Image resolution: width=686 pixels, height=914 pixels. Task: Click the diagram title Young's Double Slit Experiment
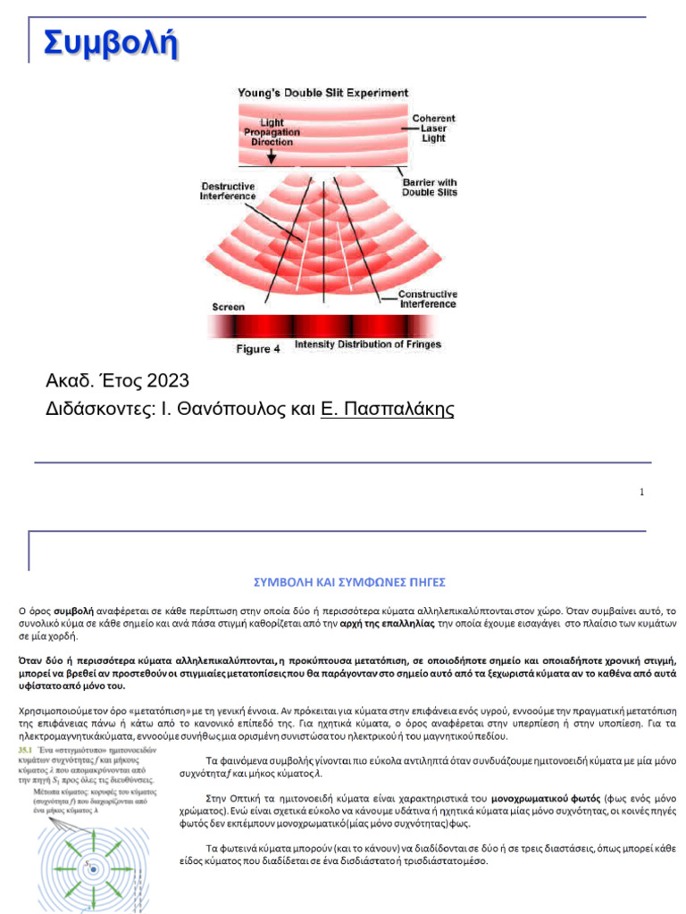tap(322, 93)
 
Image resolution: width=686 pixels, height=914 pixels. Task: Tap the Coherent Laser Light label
tap(433, 129)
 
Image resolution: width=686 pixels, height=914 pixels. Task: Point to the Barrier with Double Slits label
tap(429, 187)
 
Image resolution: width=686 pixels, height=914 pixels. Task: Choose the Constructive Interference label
tap(427, 299)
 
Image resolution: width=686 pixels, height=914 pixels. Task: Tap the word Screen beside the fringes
tap(228, 307)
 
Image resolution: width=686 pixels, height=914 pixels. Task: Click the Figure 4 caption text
tap(257, 349)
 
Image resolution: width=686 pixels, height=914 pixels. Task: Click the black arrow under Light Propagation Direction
tap(270, 158)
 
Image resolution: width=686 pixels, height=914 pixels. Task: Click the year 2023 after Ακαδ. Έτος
tap(163, 381)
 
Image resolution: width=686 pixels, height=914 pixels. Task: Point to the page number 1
tap(641, 493)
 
